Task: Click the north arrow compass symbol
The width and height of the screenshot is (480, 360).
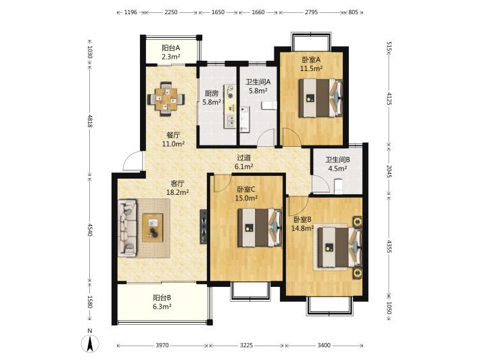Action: click(x=90, y=343)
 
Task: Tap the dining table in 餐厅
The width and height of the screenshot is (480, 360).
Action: click(x=166, y=99)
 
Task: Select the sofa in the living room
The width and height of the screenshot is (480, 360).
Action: click(x=127, y=228)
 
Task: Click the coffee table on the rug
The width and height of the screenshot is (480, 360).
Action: click(x=152, y=228)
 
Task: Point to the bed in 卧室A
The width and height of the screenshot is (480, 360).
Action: click(x=320, y=98)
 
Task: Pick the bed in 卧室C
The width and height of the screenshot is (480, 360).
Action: click(x=260, y=227)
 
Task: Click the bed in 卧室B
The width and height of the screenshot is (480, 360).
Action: click(x=340, y=247)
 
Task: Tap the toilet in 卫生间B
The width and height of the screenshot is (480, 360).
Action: click(x=338, y=186)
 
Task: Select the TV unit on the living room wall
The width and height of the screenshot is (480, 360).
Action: click(x=203, y=227)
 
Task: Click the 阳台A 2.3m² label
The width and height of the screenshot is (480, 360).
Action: click(x=171, y=52)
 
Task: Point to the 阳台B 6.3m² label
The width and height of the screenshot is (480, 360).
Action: click(x=162, y=302)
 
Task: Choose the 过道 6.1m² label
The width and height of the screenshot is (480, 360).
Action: click(x=243, y=162)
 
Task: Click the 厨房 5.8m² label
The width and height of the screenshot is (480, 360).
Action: click(x=211, y=97)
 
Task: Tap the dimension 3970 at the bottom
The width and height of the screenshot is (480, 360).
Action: click(x=162, y=345)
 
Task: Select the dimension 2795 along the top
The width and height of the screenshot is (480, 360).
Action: click(x=312, y=12)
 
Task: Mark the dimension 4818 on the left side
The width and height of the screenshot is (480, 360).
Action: click(x=90, y=120)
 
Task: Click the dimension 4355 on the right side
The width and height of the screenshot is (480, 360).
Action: click(x=389, y=246)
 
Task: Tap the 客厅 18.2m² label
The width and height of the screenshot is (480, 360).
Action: click(x=177, y=188)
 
